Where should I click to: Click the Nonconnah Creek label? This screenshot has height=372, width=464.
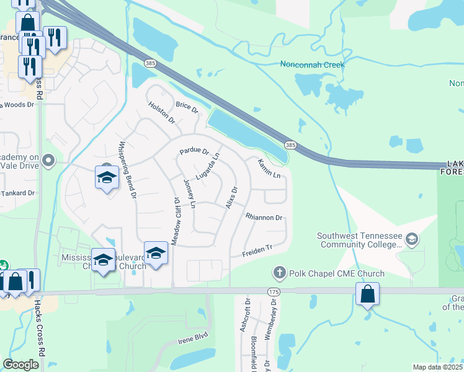[312, 64]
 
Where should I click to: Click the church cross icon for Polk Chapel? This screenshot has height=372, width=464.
[280, 273]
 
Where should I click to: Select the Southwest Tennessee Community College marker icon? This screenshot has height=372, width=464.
[411, 239]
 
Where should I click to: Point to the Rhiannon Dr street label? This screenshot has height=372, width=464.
[264, 218]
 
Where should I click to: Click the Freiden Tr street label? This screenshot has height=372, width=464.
[257, 250]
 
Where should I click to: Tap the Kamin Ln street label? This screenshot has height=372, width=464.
[270, 168]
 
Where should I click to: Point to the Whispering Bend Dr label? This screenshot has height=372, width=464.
[127, 171]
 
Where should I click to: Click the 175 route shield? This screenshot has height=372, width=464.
[274, 291]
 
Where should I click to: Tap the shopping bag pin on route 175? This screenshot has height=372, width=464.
[367, 294]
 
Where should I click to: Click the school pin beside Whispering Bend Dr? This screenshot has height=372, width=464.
[107, 177]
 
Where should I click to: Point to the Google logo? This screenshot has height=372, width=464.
[21, 365]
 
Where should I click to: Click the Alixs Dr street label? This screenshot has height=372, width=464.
[232, 198]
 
